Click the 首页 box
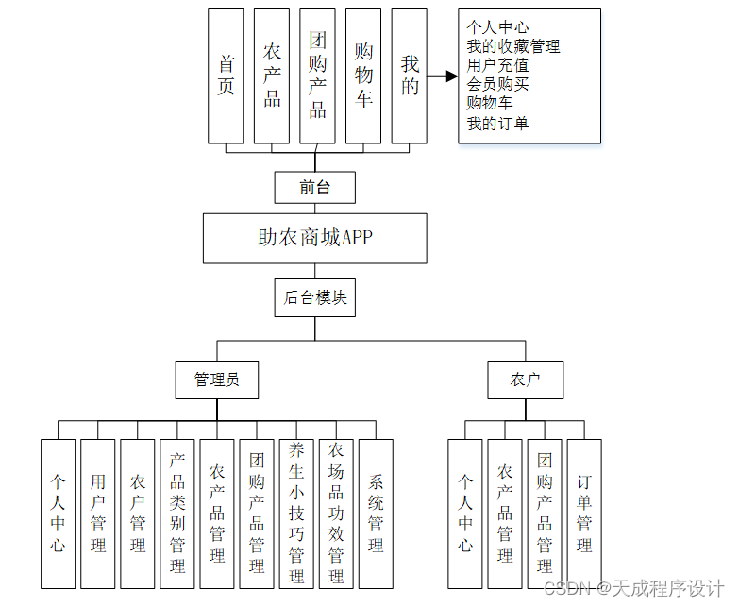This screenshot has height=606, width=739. coord(226,76)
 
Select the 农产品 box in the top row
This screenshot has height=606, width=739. coord(272,76)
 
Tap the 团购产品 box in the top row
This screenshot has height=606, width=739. coord(317,76)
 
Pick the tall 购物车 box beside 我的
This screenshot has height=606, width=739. coord(363,76)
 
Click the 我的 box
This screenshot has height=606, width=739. coord(410,76)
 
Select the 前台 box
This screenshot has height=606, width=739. coord(315,187)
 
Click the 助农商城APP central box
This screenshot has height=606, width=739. coord(315,238)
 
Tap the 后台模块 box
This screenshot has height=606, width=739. coord(315,298)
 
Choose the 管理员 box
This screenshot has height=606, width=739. coord(217,379)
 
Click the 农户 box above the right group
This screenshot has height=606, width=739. coord(526,379)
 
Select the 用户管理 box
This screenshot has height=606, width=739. coord(98,513)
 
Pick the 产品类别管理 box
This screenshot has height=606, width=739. coord(177,513)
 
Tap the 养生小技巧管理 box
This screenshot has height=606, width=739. coord(296,513)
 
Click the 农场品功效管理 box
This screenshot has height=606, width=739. coord(336,513)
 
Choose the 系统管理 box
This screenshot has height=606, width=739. coord(376,513)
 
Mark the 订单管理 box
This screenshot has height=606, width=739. coord(584,513)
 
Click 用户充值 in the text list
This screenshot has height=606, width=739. coord(497,65)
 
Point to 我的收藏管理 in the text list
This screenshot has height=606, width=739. coord(513,46)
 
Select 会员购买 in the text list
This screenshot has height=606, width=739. coord(497,84)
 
